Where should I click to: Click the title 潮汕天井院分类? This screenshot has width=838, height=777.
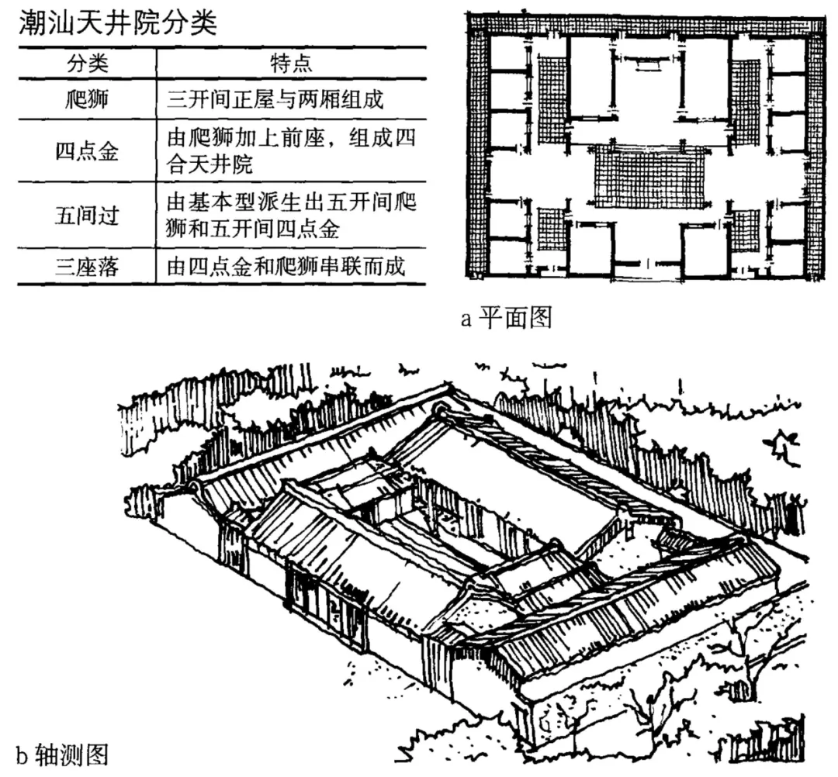[x=116, y=22]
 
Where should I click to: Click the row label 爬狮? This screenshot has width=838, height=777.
[x=88, y=99]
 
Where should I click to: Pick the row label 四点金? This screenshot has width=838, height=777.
[x=88, y=150]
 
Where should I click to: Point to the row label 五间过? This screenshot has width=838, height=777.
[x=88, y=215]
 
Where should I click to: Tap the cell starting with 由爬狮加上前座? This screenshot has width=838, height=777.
[x=292, y=150]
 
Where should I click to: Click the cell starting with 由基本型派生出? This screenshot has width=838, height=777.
[x=292, y=215]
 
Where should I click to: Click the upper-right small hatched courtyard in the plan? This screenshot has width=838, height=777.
[x=745, y=99]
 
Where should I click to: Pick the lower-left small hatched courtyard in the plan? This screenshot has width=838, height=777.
[x=550, y=226]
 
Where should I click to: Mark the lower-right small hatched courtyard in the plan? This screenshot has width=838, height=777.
[x=745, y=226]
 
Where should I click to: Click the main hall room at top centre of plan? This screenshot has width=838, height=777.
[x=648, y=81]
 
